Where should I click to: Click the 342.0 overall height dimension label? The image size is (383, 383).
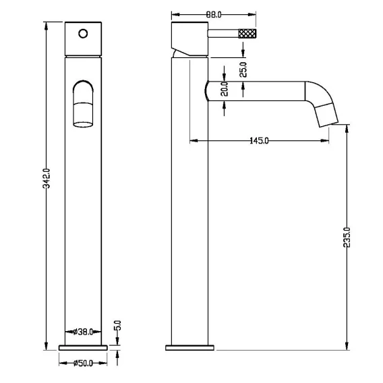tap(46, 178)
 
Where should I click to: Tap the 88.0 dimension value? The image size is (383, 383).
tap(214, 15)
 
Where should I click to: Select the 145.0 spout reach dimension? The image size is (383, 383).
tap(259, 141)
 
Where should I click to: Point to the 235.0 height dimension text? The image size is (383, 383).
tap(347, 237)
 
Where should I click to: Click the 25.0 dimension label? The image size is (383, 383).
tap(243, 69)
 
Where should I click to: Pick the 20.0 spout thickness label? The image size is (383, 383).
tap(225, 89)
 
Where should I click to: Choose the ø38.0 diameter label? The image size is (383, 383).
tap(84, 332)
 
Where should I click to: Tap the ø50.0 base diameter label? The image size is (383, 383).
tap(84, 363)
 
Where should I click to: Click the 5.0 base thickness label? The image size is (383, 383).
tap(117, 326)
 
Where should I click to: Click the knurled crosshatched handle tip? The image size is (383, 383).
tap(247, 34)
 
